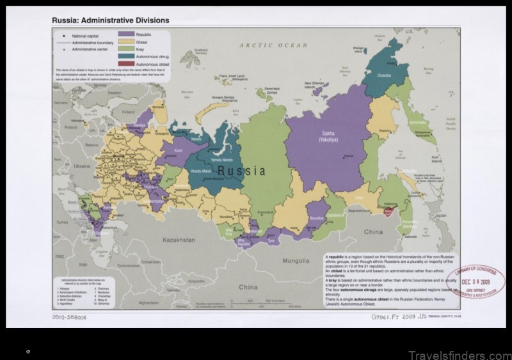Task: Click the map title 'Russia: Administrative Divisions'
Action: pyautogui.click(x=110, y=20)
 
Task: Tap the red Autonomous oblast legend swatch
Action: pyautogui.click(x=126, y=63)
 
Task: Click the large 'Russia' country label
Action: pyautogui.click(x=241, y=171)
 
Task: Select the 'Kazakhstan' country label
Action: pyautogui.click(x=178, y=240)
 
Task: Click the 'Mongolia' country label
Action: pyautogui.click(x=296, y=261)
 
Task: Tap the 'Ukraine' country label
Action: pyautogui.click(x=83, y=166)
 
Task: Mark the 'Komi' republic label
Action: pyautogui.click(x=178, y=152)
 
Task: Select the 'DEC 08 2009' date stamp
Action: pyautogui.click(x=476, y=283)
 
